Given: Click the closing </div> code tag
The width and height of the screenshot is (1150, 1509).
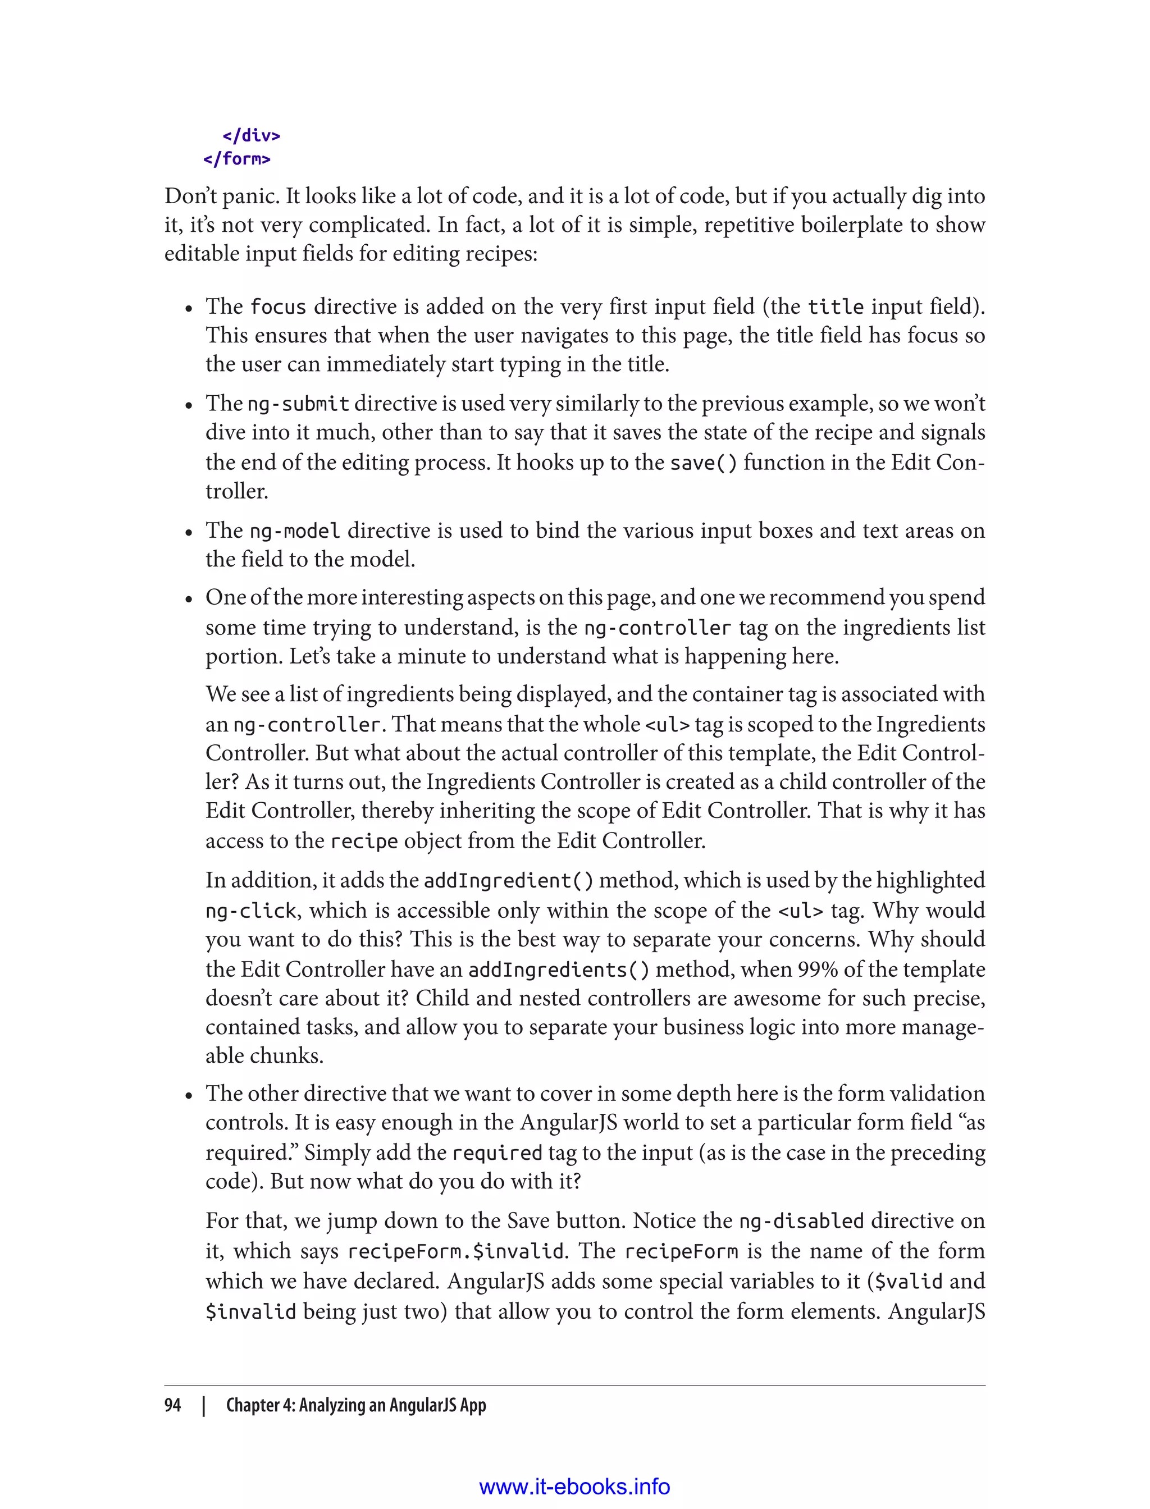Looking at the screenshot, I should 251,135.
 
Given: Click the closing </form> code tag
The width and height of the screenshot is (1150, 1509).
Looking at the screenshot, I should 237,159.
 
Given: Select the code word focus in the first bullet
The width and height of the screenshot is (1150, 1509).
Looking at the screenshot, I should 278,307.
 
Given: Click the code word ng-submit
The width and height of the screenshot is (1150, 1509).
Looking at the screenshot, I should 298,404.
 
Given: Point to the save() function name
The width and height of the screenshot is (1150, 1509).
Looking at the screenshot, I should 703,463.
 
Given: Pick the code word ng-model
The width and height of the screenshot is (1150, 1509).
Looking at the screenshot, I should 294,531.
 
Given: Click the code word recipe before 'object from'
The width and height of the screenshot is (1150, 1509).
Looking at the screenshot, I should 363,841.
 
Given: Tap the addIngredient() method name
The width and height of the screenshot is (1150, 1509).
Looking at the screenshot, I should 509,881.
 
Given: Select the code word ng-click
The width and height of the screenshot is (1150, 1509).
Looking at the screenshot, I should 250,911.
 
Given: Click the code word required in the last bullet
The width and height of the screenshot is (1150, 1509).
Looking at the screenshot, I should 497,1153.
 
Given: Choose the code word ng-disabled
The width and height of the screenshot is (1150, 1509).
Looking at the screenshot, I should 801,1222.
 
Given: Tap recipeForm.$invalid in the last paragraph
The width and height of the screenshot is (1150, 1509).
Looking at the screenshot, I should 456,1252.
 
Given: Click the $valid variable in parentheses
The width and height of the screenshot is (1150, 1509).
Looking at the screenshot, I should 909,1281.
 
